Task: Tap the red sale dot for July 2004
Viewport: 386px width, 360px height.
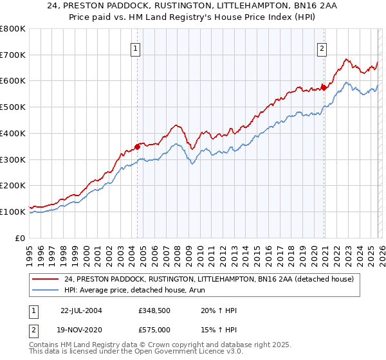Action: pyautogui.click(x=138, y=146)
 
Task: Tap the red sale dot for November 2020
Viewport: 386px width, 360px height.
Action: pyautogui.click(x=324, y=87)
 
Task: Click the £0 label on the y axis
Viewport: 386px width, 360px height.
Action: pyautogui.click(x=21, y=238)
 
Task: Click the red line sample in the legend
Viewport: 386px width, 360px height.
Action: pyautogui.click(x=46, y=279)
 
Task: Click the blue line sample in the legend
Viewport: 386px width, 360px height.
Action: pyautogui.click(x=46, y=291)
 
